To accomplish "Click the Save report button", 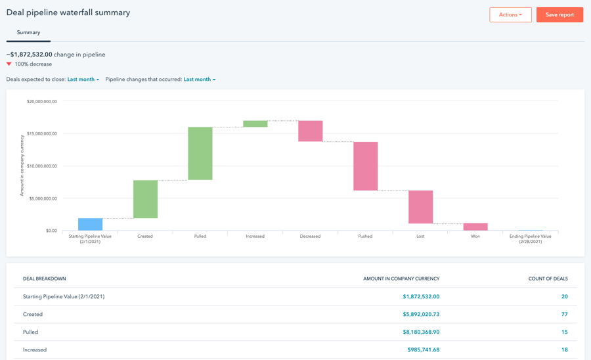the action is coord(559,14).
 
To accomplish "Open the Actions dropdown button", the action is coord(510,14).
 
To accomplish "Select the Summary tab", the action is coord(28,32).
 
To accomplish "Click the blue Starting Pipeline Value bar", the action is coord(90,224).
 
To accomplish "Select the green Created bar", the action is coord(145,199).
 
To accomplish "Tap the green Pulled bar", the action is coord(200,154).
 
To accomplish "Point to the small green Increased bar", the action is coord(255,124).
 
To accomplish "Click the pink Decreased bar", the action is coord(310,131).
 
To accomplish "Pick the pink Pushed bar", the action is coord(365,166).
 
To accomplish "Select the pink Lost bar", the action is coord(421,207).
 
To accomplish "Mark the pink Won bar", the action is coord(475,227).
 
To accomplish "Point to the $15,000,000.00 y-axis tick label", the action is coord(42,133).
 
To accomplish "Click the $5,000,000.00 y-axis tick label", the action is coord(43,198).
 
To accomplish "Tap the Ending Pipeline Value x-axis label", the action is coord(531,238).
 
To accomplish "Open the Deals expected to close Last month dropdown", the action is coord(83,79).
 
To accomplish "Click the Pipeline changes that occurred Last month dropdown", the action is coord(200,79).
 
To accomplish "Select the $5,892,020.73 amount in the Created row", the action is coord(421,314).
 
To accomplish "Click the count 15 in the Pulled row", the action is coord(564,332).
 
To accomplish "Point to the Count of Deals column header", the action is coord(548,279).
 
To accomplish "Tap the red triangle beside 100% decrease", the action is coord(9,64).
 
